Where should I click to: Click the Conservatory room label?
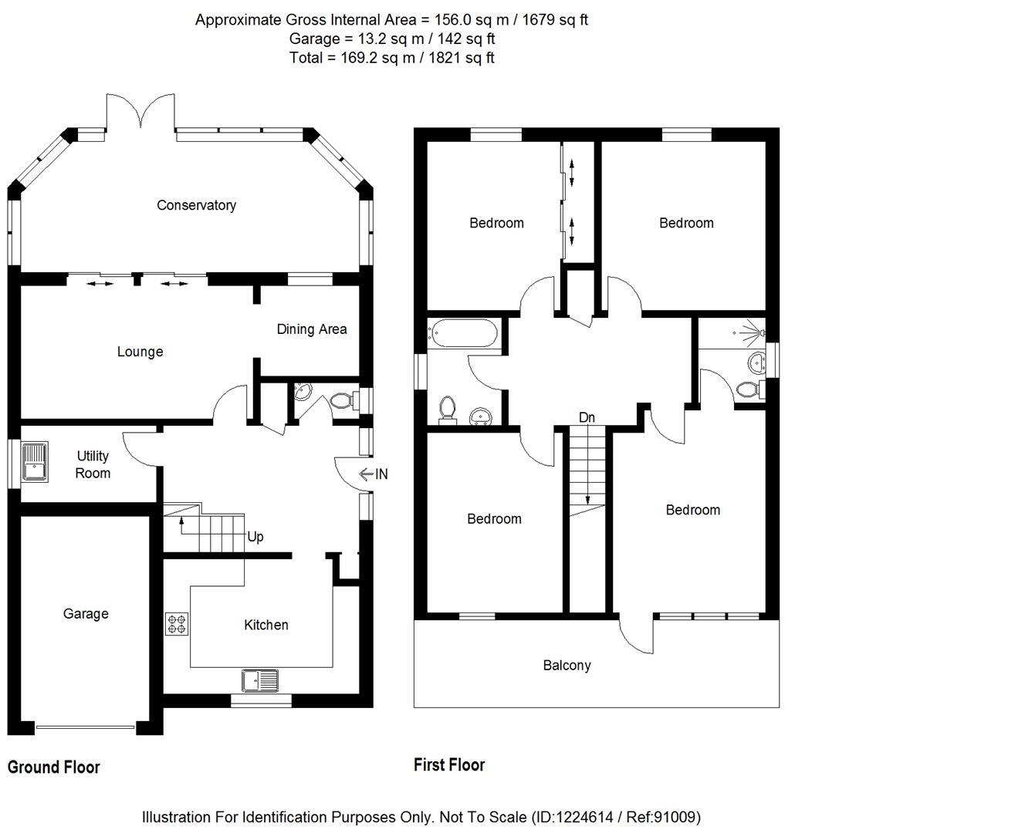click(x=196, y=205)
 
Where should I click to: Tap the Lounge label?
click(x=140, y=352)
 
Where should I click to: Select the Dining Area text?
click(x=311, y=329)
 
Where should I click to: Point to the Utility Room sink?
click(x=35, y=460)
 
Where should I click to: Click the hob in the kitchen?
click(x=177, y=623)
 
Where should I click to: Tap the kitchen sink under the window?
click(x=260, y=680)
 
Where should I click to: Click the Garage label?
click(x=86, y=614)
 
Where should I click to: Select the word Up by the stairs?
click(x=255, y=537)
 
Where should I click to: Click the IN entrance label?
click(x=381, y=474)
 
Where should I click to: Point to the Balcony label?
click(x=567, y=666)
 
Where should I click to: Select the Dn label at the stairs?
click(x=587, y=417)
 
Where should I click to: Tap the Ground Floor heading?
click(x=54, y=767)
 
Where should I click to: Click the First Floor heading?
click(x=449, y=765)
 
